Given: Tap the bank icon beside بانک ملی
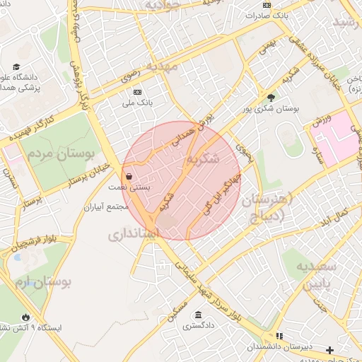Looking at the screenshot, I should pyautogui.click(x=136, y=92).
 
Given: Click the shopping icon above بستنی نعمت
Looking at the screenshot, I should pyautogui.click(x=128, y=177).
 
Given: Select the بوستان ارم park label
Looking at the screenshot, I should pyautogui.click(x=42, y=284).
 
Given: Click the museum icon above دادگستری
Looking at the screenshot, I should pyautogui.click(x=197, y=315).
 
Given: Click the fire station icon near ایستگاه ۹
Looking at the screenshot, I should pyautogui.click(x=26, y=317).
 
